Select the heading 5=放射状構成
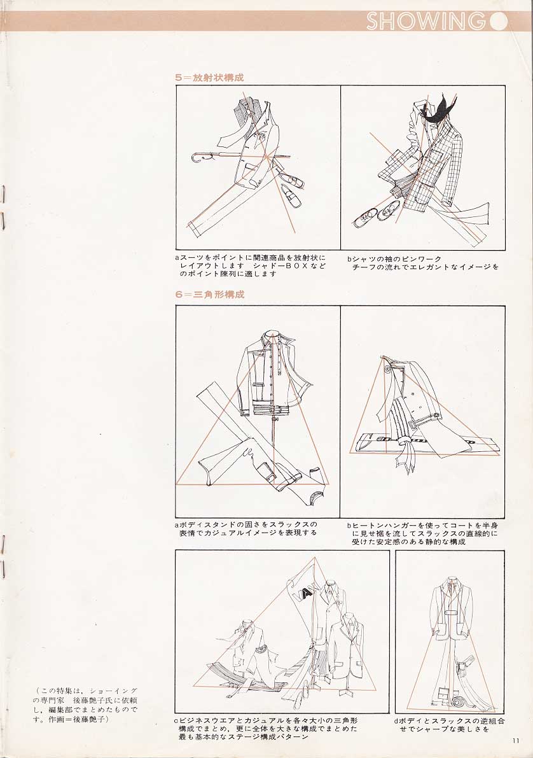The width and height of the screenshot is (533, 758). coord(210,77)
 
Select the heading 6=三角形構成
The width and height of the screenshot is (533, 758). coord(210,294)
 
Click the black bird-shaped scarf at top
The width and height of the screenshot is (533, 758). coord(438,109)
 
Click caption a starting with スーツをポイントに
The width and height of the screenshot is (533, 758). coord(251,265)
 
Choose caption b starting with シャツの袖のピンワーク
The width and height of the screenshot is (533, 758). coord(422,263)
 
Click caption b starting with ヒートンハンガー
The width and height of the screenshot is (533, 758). coord(422,533)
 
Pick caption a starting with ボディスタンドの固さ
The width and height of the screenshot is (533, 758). coord(246,528)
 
